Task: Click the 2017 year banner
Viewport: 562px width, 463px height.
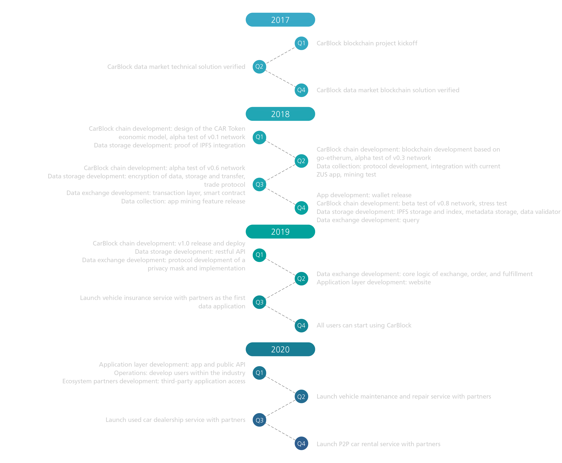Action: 280,20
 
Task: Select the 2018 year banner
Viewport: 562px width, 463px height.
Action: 280,114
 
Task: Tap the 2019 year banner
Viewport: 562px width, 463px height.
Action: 280,232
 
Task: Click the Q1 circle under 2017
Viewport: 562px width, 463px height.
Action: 301,43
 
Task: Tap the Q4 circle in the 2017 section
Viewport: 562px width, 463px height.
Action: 301,90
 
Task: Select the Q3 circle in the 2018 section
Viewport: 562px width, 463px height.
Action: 259,184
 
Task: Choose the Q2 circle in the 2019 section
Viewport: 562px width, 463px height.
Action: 301,279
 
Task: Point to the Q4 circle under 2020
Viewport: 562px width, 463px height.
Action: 301,444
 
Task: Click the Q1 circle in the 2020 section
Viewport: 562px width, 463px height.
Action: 259,373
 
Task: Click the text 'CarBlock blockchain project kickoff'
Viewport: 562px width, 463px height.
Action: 367,43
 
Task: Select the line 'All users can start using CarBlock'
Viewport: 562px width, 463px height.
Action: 364,325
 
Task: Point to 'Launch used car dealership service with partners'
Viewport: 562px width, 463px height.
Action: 175,420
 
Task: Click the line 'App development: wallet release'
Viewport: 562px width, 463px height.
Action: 364,195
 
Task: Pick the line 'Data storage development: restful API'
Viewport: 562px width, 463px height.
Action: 190,252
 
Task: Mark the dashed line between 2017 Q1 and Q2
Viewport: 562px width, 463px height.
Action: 280,55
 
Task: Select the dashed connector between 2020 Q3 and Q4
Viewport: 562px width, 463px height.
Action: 280,432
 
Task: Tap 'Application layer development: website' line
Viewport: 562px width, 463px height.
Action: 373,282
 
